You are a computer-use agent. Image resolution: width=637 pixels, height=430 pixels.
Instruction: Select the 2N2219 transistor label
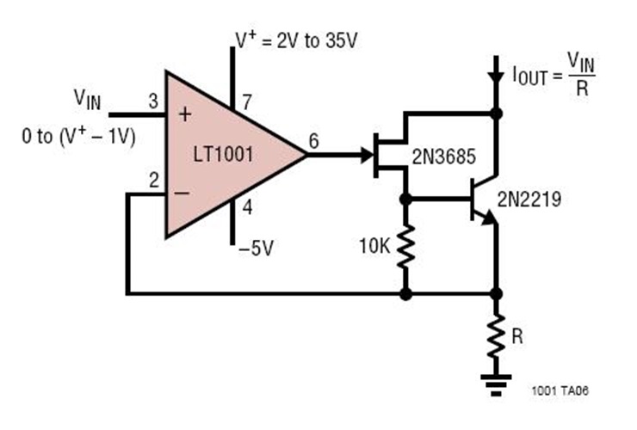point(529,201)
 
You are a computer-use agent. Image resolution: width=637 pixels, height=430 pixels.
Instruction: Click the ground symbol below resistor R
point(495,382)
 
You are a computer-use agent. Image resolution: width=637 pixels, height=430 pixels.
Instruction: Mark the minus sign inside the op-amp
point(182,193)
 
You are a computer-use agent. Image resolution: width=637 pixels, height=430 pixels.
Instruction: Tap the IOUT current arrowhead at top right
point(495,77)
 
